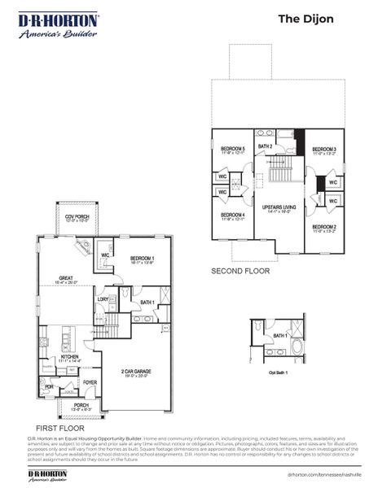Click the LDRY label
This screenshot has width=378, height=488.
(103, 299)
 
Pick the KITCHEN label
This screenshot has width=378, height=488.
(70, 357)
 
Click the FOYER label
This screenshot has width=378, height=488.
(90, 381)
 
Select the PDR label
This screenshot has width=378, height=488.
(49, 386)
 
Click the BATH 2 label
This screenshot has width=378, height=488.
(266, 146)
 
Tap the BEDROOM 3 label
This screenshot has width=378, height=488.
(324, 150)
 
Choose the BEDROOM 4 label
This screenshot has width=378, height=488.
(233, 216)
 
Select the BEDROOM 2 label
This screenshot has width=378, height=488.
(324, 228)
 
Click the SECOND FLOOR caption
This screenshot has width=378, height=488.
(240, 270)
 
